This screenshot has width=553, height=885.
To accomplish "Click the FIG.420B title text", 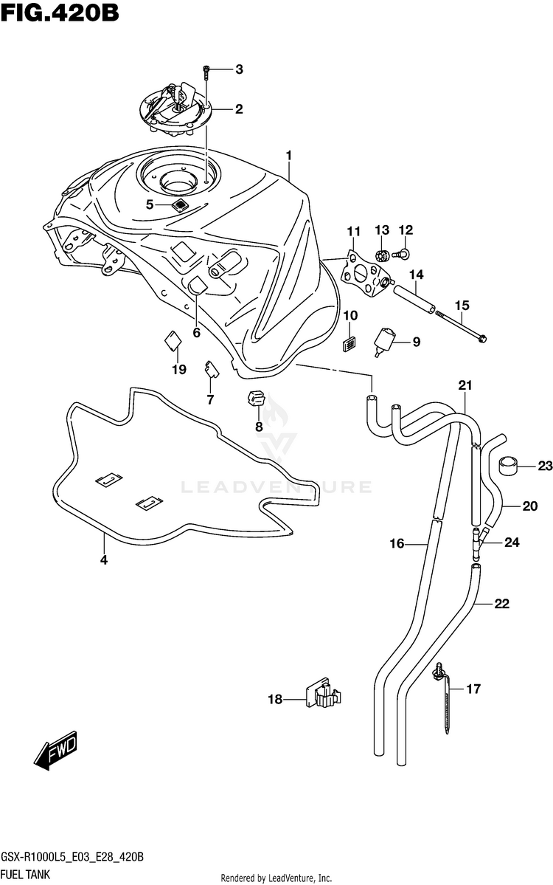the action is pos(60,12).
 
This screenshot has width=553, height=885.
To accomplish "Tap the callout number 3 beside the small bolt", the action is pos(239,69).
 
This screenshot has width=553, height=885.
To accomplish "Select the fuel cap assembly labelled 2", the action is pos(175,109).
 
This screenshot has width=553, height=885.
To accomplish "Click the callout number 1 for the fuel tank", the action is pos(288,155).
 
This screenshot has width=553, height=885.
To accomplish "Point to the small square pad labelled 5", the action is pos(180,205).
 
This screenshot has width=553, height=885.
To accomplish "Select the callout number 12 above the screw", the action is pos(406,230).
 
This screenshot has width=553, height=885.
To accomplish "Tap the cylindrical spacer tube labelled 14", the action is pos(414,299).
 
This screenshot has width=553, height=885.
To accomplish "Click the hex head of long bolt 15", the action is pos(481,339).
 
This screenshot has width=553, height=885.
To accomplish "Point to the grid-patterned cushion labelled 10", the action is pos(350,344).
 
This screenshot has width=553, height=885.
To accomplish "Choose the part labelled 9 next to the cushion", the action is pos(384,342).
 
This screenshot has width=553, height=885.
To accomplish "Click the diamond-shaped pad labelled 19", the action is pos(173,341).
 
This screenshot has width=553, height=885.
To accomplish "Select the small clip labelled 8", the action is pos(257,399).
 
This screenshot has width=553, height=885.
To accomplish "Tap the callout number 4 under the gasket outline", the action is pos(104,560).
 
